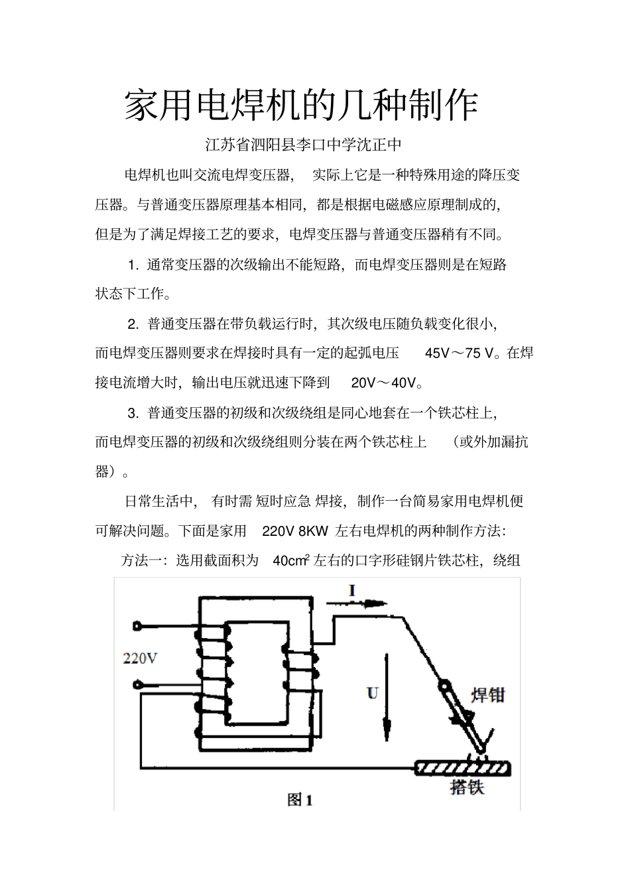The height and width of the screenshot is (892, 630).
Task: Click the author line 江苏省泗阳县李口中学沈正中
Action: point(304,144)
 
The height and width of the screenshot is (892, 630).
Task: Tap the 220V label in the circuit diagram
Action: point(140,659)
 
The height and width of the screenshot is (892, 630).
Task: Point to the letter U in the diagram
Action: point(372,693)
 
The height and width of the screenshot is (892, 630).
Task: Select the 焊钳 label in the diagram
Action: point(487,695)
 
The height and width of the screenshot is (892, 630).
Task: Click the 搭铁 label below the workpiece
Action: point(467,787)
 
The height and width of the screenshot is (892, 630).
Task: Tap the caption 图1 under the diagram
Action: point(300,800)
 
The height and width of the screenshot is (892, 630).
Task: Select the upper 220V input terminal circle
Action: point(137,625)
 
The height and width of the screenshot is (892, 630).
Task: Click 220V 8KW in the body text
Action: point(296,531)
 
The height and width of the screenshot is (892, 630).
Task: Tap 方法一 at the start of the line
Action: point(142,561)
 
